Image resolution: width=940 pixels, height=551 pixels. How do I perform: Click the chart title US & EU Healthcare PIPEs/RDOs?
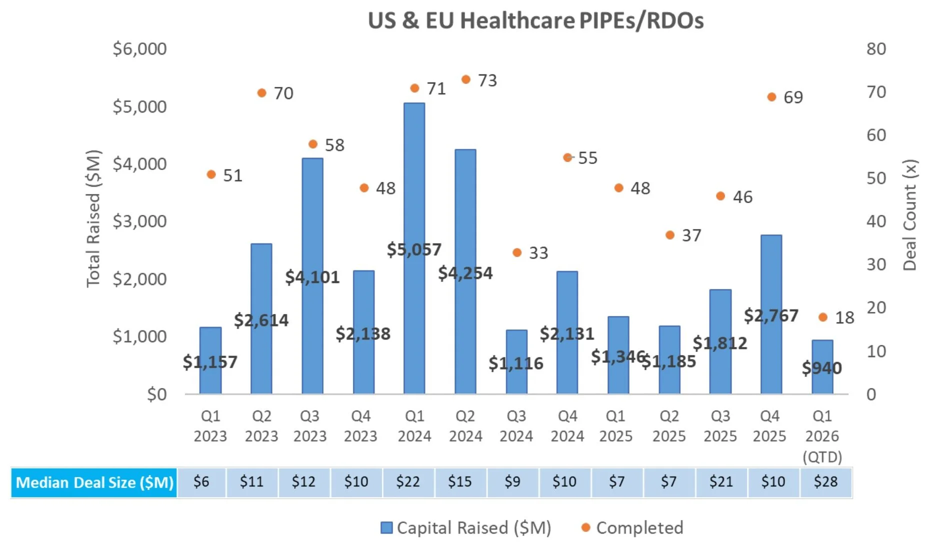coord(535,21)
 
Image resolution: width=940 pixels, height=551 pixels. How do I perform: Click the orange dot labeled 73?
coord(465,79)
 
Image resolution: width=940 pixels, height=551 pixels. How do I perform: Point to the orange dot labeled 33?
coord(517,252)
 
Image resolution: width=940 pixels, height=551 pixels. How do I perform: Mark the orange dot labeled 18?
coord(823,317)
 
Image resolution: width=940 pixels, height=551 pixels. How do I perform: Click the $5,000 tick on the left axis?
coord(139,106)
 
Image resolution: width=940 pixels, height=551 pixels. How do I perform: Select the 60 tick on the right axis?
coord(876,135)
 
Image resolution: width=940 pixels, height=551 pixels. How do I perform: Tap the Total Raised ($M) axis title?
coord(93,218)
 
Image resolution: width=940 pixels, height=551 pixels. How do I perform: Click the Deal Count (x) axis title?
coord(909,215)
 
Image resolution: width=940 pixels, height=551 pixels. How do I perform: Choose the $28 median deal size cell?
coord(825,482)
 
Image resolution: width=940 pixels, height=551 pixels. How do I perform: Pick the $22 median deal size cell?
coord(407,482)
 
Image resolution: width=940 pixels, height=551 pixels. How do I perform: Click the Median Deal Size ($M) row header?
coord(94,482)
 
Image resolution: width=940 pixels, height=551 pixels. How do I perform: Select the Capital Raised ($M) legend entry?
coord(466,528)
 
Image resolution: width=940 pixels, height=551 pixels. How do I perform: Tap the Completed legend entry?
coord(632,528)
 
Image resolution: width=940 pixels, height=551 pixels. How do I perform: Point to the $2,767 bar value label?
coord(770,315)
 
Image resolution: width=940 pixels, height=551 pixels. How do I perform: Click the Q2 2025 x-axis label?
coord(669,426)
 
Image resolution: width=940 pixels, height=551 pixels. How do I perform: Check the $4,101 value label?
coord(312,277)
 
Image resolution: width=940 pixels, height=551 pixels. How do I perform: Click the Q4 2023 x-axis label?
coord(360,426)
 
